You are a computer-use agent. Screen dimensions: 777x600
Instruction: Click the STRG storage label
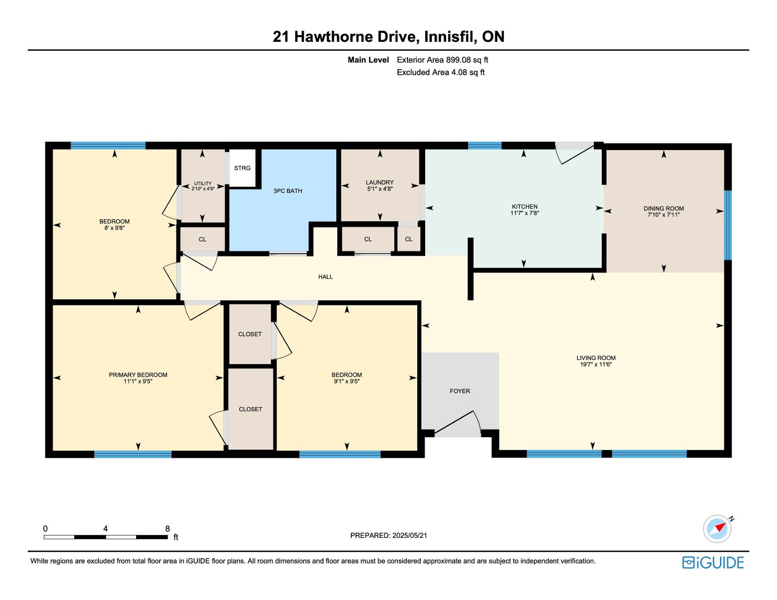(x=242, y=168)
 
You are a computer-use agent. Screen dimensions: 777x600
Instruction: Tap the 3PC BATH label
(x=287, y=191)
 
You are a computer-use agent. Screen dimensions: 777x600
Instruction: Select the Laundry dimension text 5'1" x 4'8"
(x=380, y=188)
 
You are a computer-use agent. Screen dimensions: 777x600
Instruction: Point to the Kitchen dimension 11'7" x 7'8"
(x=524, y=213)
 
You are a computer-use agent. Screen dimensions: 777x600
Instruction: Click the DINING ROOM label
(x=663, y=208)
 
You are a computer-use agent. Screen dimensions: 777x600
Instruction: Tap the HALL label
(x=325, y=276)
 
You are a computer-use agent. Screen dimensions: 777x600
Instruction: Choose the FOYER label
(x=460, y=391)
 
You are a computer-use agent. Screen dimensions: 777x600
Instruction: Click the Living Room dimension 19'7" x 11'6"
(x=596, y=364)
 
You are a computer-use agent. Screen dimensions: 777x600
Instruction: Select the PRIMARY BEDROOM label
(x=138, y=375)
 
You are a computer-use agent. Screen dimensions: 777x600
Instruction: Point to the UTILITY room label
(x=203, y=183)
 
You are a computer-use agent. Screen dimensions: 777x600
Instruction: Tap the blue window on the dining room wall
(x=727, y=225)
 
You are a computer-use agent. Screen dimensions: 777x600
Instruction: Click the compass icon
(x=717, y=528)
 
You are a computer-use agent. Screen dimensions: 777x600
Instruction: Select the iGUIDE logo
(x=713, y=562)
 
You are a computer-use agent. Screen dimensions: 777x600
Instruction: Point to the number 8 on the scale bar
(x=168, y=528)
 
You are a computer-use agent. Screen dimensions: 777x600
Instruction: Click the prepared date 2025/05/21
(x=410, y=535)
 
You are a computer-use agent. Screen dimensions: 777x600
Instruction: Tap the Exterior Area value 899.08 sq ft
(x=467, y=60)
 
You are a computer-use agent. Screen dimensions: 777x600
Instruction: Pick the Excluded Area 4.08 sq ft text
(x=440, y=72)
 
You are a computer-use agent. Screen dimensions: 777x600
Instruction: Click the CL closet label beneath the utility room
(x=203, y=239)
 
